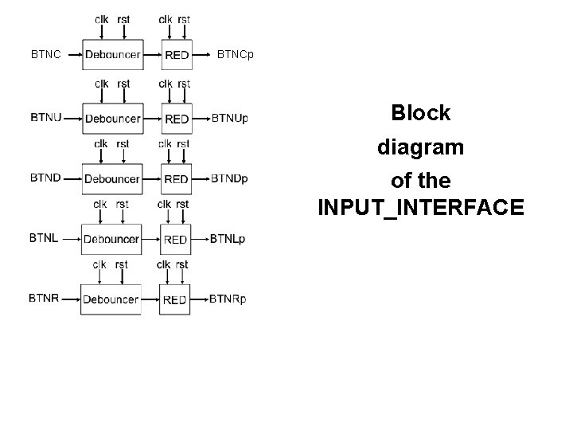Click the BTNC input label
pyautogui.click(x=45, y=55)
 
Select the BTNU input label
pyautogui.click(x=45, y=118)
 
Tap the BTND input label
pyautogui.click(x=45, y=178)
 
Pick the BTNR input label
pyautogui.click(x=44, y=299)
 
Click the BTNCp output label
pyautogui.click(x=236, y=55)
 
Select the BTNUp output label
pyautogui.click(x=230, y=119)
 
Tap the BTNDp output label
pyautogui.click(x=229, y=178)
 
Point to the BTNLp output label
pyautogui.click(x=228, y=238)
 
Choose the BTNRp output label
pyautogui.click(x=228, y=299)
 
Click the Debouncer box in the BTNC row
pyautogui.click(x=112, y=55)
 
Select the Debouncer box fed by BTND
pyautogui.click(x=112, y=179)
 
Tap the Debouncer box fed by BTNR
pyautogui.click(x=111, y=299)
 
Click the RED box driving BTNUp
pyautogui.click(x=177, y=119)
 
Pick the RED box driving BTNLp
pyautogui.click(x=175, y=239)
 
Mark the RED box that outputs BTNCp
pyautogui.click(x=177, y=55)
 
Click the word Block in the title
pyautogui.click(x=420, y=113)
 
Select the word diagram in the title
pyautogui.click(x=420, y=147)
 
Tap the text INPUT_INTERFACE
pyautogui.click(x=420, y=208)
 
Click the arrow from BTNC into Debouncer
pyautogui.click(x=72, y=55)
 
